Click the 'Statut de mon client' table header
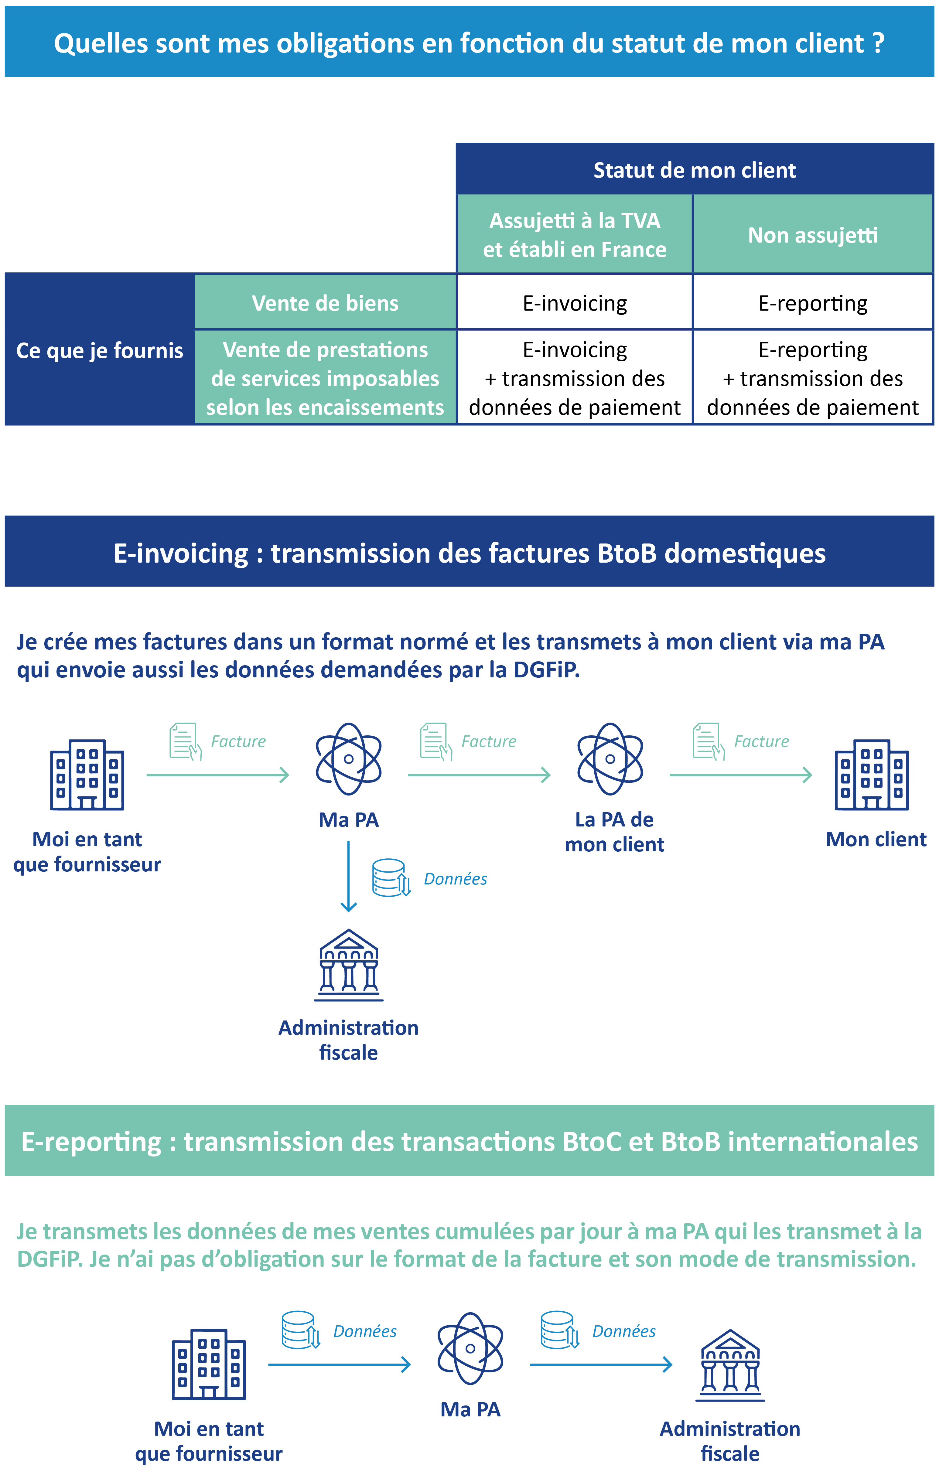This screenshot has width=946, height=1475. pyautogui.click(x=694, y=170)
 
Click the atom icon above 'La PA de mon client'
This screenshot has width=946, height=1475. pyautogui.click(x=610, y=759)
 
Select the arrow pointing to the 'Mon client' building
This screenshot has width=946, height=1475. pyautogui.click(x=740, y=775)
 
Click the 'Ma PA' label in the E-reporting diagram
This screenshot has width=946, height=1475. pyautogui.click(x=470, y=1409)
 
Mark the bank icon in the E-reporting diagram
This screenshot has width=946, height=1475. pyautogui.click(x=730, y=1364)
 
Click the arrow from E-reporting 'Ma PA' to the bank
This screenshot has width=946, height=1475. pyautogui.click(x=600, y=1364)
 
